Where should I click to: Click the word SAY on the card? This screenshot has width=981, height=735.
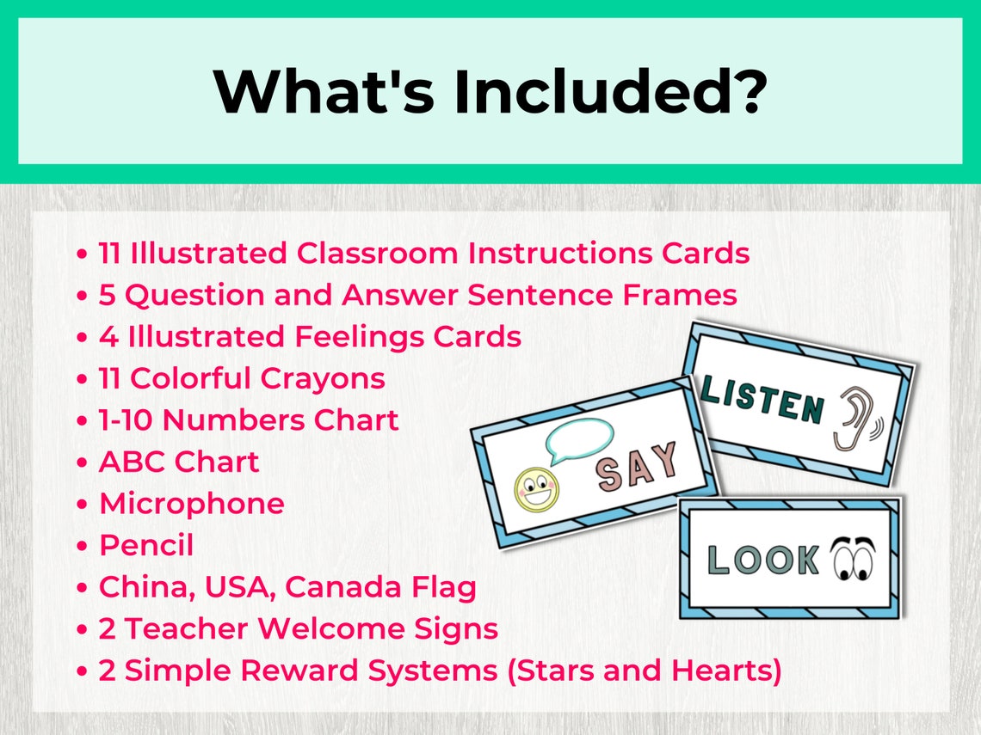point(638,468)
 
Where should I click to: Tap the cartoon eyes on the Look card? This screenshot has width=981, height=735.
point(853,559)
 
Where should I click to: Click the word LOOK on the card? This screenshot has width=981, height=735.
point(762,560)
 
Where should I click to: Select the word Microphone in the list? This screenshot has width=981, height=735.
point(191,504)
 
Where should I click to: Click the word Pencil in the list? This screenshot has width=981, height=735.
point(146,545)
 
